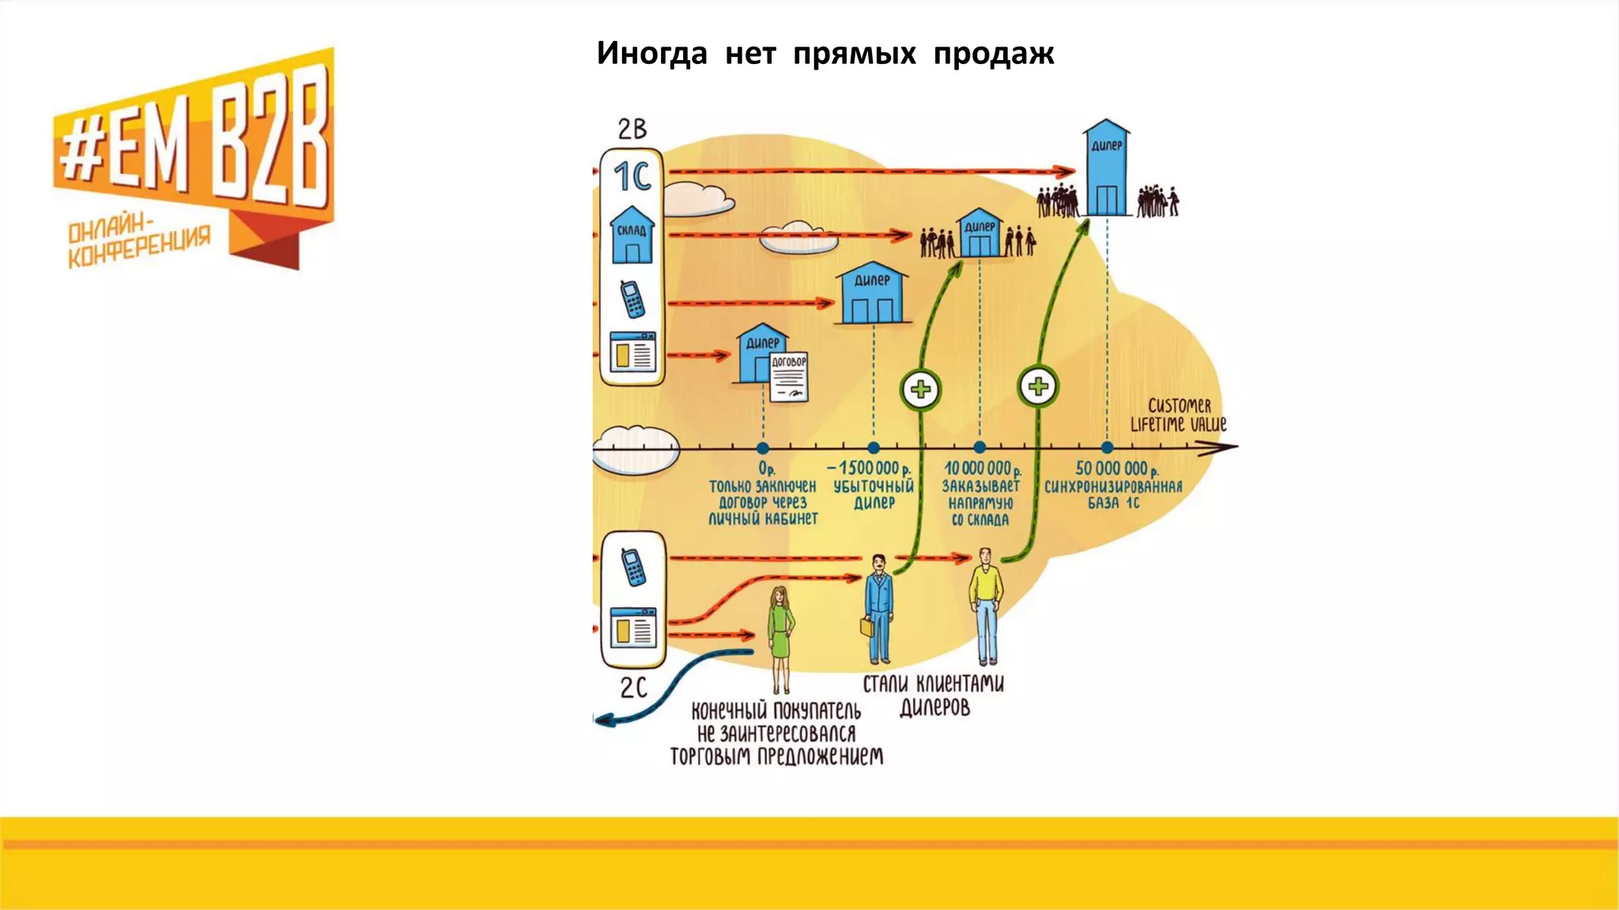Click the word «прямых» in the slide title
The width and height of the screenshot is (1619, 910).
pyautogui.click(x=855, y=54)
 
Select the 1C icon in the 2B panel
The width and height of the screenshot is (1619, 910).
pyautogui.click(x=632, y=176)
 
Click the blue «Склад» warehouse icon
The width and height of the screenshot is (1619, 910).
pyautogui.click(x=632, y=235)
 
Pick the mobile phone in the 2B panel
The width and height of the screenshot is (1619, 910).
pyautogui.click(x=632, y=299)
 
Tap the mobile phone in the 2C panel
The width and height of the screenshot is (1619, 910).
pyautogui.click(x=632, y=566)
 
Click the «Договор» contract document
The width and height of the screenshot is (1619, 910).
pyautogui.click(x=789, y=377)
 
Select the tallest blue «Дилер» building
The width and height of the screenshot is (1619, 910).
pyautogui.click(x=1106, y=168)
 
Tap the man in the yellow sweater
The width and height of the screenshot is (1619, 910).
pyautogui.click(x=986, y=605)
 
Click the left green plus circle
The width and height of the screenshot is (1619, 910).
pyautogui.click(x=921, y=389)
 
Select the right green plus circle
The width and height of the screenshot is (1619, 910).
pyautogui.click(x=1038, y=386)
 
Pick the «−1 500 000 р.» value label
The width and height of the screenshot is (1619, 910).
pyautogui.click(x=870, y=468)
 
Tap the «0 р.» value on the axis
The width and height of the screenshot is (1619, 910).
pyautogui.click(x=766, y=469)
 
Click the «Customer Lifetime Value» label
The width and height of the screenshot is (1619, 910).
pyautogui.click(x=1178, y=415)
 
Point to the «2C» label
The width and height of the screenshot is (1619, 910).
pyautogui.click(x=633, y=687)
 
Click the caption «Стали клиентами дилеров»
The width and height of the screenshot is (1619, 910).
pyautogui.click(x=934, y=694)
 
